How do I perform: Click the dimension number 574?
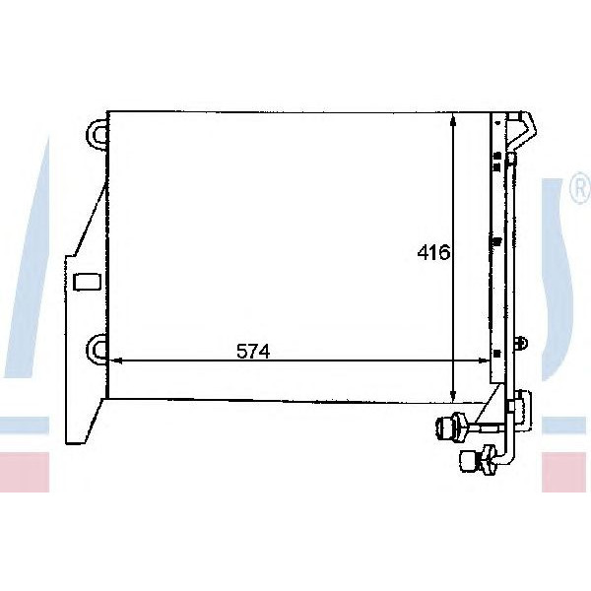252,351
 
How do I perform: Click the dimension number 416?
433,253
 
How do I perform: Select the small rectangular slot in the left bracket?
87,282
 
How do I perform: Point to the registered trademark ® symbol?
580,194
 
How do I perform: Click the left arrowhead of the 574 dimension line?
115,361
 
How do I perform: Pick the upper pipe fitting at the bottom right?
454,427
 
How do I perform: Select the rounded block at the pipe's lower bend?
516,406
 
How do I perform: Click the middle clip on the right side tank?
497,241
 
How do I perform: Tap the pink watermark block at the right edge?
565,473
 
